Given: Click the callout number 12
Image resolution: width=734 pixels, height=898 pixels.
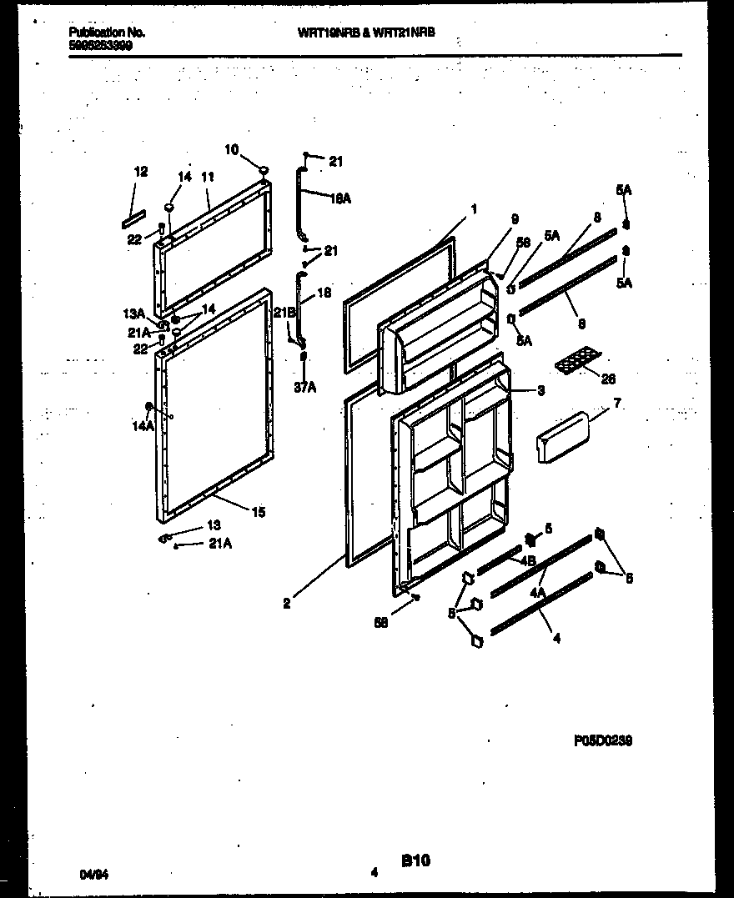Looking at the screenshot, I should (141, 172).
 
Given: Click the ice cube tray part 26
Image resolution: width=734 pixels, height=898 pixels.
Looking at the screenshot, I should (576, 361).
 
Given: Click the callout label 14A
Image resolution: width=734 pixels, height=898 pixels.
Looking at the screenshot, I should (142, 426).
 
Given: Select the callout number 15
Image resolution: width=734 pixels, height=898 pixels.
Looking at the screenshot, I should (259, 512).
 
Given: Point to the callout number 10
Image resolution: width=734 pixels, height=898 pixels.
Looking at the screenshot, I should (231, 149).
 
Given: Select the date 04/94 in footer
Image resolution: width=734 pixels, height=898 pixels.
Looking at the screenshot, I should (93, 874).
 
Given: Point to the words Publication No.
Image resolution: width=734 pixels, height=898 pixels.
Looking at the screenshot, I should (106, 33).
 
